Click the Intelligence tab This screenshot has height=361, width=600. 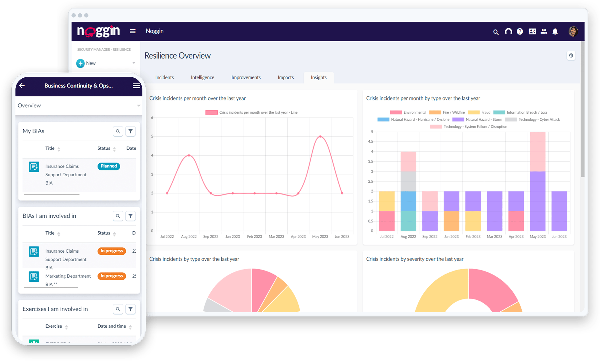(x=202, y=77)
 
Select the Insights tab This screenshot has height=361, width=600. (x=319, y=77)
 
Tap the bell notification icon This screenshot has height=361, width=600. (x=555, y=32)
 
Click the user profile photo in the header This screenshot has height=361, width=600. (x=573, y=31)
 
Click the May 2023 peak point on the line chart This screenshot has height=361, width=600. (x=320, y=137)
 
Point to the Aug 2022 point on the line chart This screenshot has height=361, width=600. (x=189, y=155)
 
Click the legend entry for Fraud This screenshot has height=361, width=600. (x=479, y=112)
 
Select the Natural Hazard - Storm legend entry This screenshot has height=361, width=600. (x=477, y=120)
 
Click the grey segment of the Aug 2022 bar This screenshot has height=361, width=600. (x=408, y=181)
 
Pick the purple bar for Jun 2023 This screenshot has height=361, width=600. (x=559, y=211)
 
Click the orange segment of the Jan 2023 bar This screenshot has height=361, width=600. (x=451, y=221)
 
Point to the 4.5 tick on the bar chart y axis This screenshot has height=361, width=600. (x=370, y=142)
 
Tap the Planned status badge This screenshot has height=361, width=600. (x=109, y=166)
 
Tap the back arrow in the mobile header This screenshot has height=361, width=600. (x=22, y=86)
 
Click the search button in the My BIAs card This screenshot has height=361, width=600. (x=118, y=131)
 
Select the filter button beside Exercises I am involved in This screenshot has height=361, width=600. (x=130, y=309)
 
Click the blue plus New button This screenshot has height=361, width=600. (x=80, y=63)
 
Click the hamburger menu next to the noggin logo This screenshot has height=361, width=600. (x=133, y=31)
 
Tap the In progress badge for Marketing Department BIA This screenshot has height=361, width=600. (x=111, y=276)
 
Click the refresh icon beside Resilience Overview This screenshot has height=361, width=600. (x=571, y=56)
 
